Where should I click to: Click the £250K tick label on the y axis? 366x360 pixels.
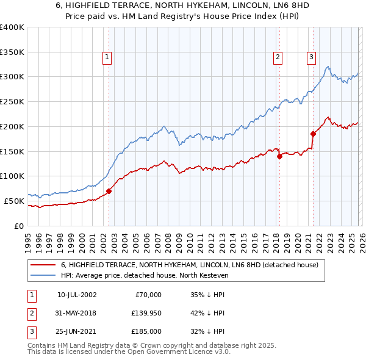(12, 102)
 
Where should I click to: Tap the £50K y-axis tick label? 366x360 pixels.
(14, 201)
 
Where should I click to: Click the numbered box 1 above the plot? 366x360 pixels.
(107, 57)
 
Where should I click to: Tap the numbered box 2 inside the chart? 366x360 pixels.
(278, 57)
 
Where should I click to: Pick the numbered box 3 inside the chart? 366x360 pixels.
(311, 57)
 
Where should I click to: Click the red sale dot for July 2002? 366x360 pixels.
(109, 191)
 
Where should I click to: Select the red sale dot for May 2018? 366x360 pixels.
(279, 156)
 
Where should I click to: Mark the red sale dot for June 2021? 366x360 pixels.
(312, 134)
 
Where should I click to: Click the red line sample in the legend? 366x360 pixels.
(43, 265)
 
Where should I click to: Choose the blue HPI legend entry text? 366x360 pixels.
(144, 276)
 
